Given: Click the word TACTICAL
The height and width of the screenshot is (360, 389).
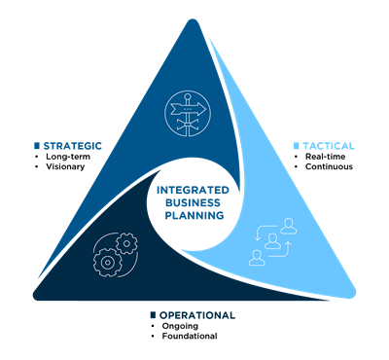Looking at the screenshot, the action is tap(330, 146).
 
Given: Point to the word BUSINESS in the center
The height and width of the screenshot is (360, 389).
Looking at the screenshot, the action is tap(194, 203).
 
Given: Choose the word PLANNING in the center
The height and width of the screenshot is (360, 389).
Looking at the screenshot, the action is tap(194, 215).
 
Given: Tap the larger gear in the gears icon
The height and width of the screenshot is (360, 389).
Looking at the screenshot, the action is tap(106, 258).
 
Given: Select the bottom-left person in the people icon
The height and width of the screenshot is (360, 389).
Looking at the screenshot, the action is tap(256, 256).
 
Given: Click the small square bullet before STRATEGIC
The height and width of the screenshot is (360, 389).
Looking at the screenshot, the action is tap(37, 146).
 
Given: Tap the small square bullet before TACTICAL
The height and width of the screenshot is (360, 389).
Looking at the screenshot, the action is tap(296, 146).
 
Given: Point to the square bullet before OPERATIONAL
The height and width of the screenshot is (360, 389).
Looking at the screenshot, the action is tap(153, 315).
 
